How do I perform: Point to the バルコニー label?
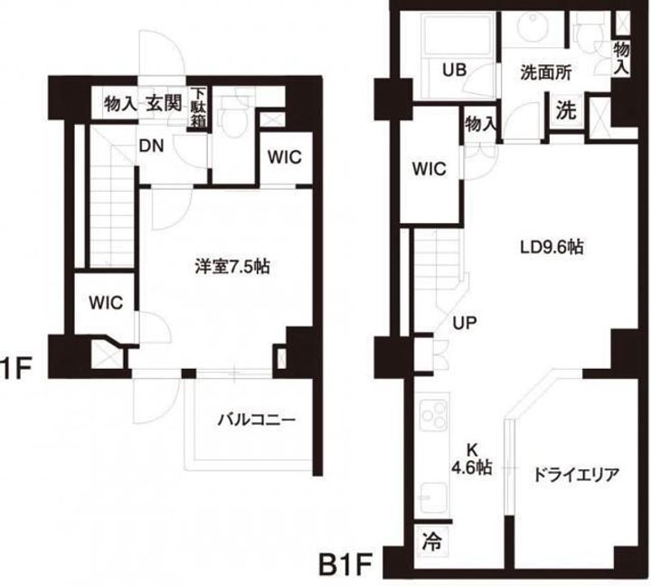(x=256, y=420)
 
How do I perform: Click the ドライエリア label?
(x=575, y=473)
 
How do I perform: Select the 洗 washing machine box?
(x=565, y=113)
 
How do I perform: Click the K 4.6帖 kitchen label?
(x=471, y=459)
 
